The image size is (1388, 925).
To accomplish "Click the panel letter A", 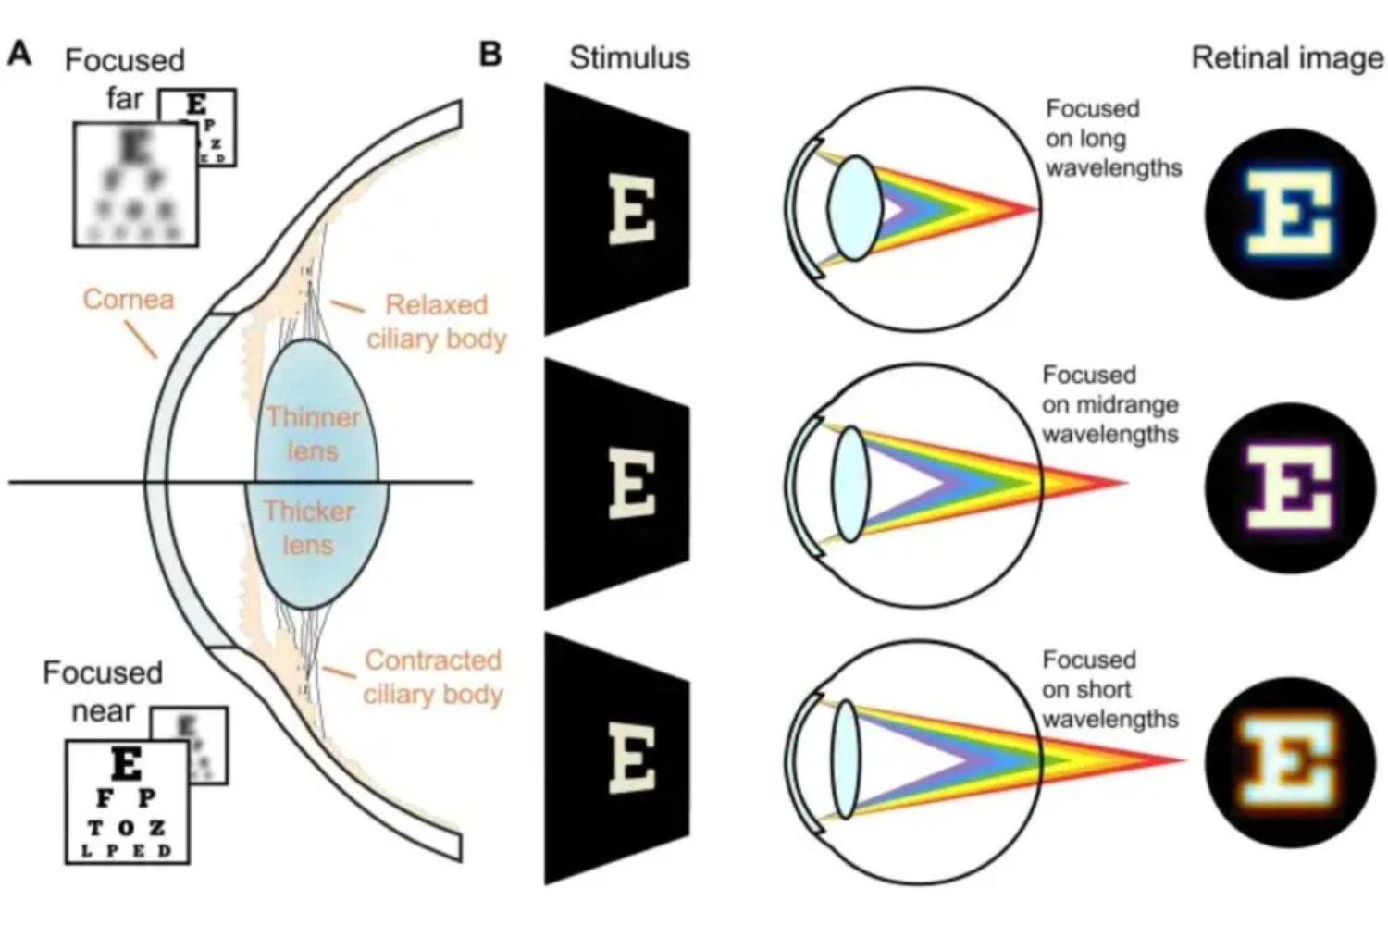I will [19, 54].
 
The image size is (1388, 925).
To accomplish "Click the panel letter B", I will [490, 54].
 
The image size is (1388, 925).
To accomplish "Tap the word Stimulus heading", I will [629, 57].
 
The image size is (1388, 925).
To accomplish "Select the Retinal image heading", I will [1287, 57].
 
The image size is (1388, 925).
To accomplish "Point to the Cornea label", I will [128, 299].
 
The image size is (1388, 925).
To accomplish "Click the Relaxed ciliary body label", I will [437, 321].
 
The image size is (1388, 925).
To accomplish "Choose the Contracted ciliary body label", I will [433, 676].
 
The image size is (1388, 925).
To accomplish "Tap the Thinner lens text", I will [313, 434].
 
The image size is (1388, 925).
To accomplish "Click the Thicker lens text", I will [309, 528].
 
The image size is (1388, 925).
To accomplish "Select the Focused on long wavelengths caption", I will [1113, 138].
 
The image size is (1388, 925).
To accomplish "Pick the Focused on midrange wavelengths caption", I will [1110, 404].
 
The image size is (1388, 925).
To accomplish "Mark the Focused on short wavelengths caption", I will [1110, 689].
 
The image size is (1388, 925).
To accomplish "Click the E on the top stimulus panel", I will [633, 210].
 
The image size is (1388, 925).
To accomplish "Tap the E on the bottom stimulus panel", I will [633, 758].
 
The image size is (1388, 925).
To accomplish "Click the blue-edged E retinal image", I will [1290, 213].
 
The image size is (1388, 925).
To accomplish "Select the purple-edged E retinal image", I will [1290, 487].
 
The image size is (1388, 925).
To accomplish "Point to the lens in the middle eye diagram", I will [850, 484].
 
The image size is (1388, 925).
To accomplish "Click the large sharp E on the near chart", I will [126, 764].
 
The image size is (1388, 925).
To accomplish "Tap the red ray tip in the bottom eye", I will [1181, 760].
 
